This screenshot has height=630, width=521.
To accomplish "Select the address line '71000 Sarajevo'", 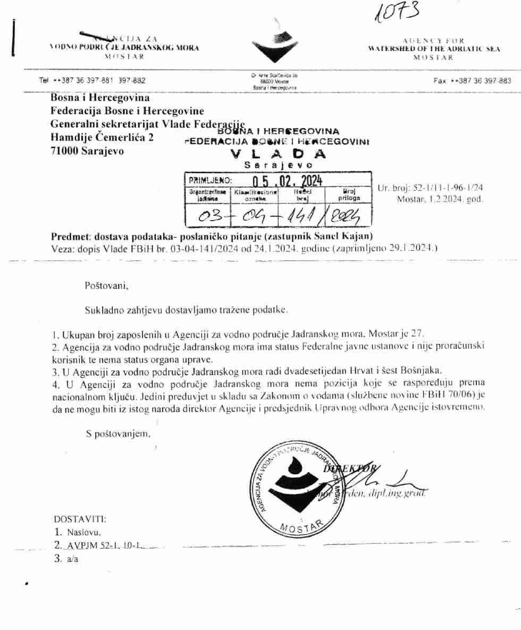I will [x=87, y=151].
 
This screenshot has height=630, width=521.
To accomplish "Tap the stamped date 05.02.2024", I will [x=287, y=181].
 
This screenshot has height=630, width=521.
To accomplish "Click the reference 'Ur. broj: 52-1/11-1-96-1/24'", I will [x=430, y=188].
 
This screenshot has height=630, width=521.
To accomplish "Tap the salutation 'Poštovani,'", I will [x=107, y=285].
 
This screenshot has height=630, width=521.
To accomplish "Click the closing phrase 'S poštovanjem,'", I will [x=119, y=434].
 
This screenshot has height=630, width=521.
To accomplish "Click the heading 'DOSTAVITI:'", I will [x=79, y=518].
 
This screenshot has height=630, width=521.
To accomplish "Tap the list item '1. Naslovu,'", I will [x=78, y=532].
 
